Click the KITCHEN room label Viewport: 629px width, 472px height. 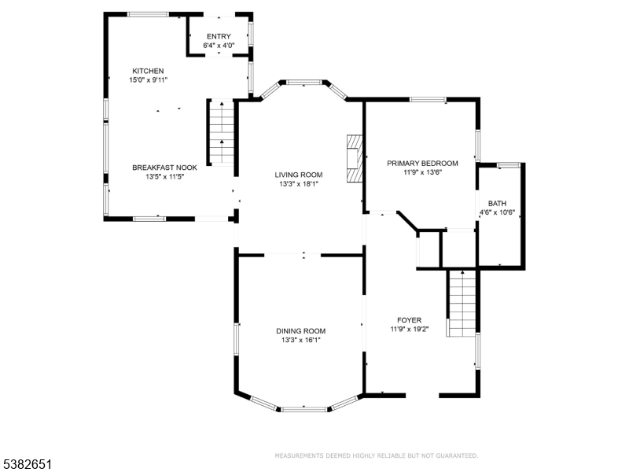click(148, 71)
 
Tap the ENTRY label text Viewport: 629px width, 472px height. click(219, 37)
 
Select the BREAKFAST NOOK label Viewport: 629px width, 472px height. click(164, 168)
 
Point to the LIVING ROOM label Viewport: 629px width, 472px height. click(298, 175)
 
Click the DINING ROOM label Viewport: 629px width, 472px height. click(300, 331)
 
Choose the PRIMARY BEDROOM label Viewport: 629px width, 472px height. click(422, 163)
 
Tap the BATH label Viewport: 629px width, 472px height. click(497, 203)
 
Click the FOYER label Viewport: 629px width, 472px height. click(409, 320)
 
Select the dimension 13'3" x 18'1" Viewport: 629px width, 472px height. click(298, 184)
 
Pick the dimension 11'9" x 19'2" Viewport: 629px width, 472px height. click(409, 330)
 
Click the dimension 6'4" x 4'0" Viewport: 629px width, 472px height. click(219, 46)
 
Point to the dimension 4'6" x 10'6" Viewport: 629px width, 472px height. click(497, 212)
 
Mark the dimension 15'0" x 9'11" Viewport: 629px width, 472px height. click(148, 80)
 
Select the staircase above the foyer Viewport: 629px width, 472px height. click(462, 303)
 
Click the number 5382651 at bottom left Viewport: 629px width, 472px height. click(28, 465)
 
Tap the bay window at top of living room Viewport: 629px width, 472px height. click(303, 81)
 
